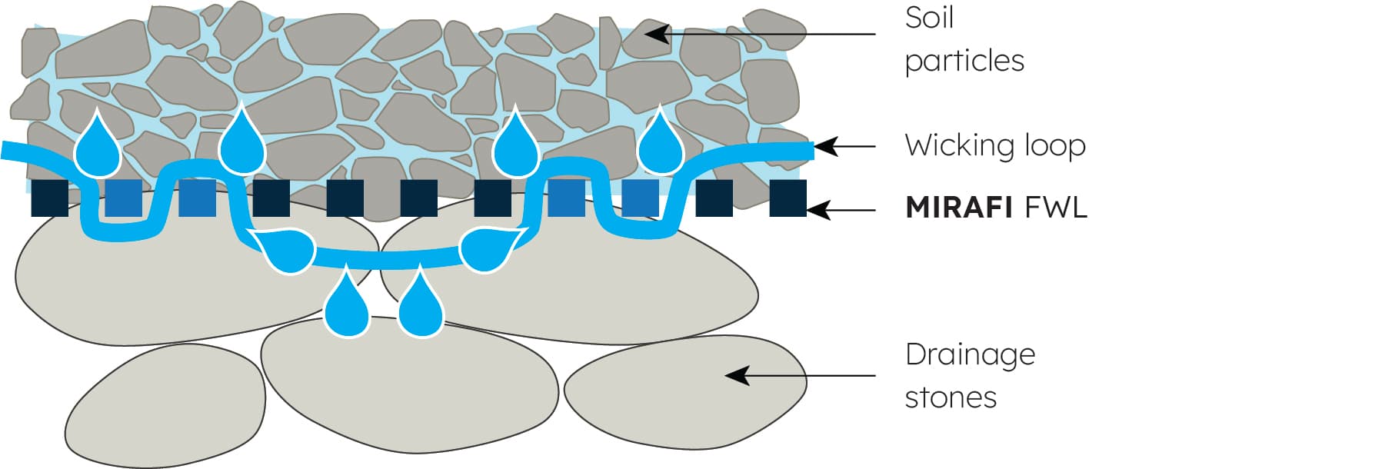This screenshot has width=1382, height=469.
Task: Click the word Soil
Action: [929, 18]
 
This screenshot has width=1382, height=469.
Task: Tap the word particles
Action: [964, 61]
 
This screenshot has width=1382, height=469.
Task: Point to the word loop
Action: [1054, 145]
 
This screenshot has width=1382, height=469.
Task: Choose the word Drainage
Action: [970, 354]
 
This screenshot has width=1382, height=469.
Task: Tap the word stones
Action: [951, 397]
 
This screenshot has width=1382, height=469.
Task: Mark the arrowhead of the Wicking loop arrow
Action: [824, 146]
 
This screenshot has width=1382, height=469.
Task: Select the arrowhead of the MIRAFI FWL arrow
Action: [818, 210]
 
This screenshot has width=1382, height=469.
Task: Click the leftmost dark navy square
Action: [50, 198]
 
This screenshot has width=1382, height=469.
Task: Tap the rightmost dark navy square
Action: [788, 198]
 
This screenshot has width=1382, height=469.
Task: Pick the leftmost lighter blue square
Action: [123, 198]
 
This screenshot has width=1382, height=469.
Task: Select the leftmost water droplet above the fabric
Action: [98, 146]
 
